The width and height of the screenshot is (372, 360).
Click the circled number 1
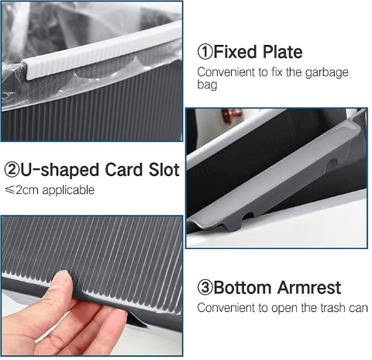(x=205, y=52)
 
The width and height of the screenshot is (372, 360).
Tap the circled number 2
(x=12, y=170)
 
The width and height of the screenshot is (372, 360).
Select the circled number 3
(x=205, y=287)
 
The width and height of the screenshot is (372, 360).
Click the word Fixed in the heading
(x=235, y=52)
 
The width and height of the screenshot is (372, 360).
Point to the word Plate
(x=282, y=52)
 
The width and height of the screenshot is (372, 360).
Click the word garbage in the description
(x=327, y=73)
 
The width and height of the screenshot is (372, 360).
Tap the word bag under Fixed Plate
(x=207, y=85)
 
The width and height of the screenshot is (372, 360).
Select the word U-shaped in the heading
(x=60, y=171)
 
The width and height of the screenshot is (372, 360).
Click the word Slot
(x=164, y=170)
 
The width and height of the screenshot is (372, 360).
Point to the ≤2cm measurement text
(x=22, y=190)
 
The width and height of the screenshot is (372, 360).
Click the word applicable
(x=68, y=191)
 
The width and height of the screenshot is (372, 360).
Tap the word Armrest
(x=309, y=287)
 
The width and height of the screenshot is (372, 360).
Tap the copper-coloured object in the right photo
(x=231, y=116)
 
